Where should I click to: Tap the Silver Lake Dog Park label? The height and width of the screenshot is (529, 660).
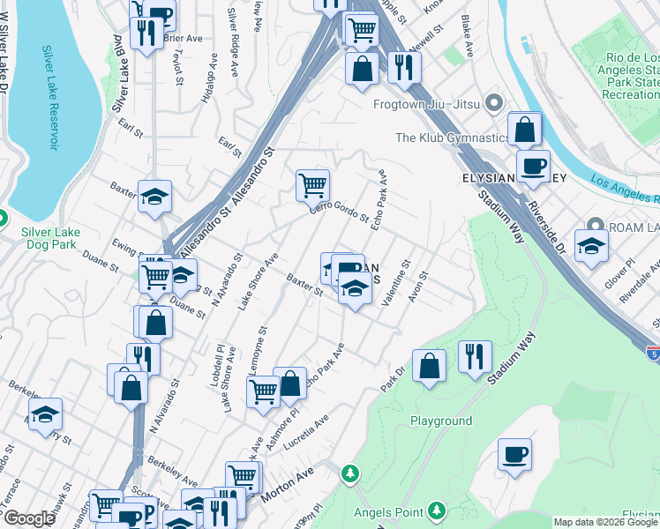click(49, 239)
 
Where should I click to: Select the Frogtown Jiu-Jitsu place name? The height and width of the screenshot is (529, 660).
click(430, 104)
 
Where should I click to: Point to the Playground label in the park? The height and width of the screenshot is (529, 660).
click(441, 421)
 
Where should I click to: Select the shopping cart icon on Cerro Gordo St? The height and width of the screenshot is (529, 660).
click(312, 185)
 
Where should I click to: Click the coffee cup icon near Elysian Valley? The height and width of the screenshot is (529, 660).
click(532, 166)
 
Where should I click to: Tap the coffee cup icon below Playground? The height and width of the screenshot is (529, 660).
click(514, 455)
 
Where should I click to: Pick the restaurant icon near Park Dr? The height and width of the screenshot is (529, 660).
click(475, 356)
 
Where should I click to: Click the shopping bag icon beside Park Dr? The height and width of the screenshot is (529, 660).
click(429, 366)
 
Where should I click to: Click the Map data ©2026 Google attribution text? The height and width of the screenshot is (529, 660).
click(604, 522)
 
